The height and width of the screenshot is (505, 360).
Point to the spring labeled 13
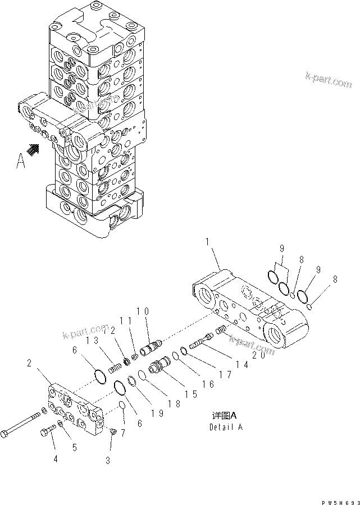pos(115,369)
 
